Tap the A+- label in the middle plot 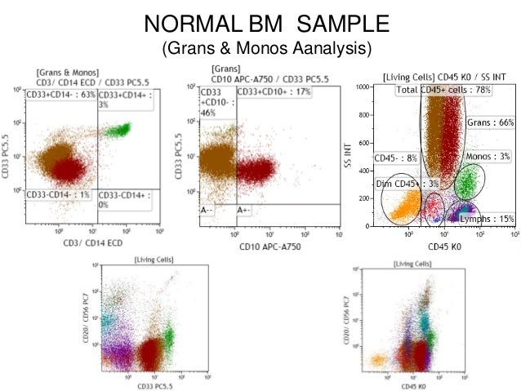(x=243, y=210)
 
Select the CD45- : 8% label (x=394, y=158)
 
